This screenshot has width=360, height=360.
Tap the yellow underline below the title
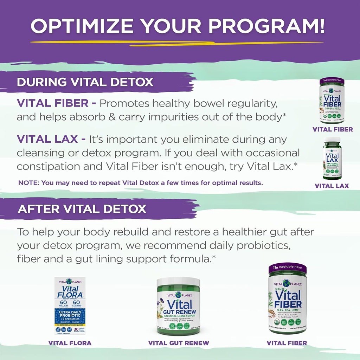(176, 43)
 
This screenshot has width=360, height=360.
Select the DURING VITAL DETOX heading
(85, 82)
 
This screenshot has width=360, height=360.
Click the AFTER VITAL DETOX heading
(82, 209)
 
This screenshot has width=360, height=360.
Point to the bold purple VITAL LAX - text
(51, 140)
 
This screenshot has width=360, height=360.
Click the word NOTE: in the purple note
(29, 183)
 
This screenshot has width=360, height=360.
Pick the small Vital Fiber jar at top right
(332, 101)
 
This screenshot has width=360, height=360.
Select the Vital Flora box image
(70, 306)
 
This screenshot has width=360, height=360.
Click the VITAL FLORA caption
(70, 343)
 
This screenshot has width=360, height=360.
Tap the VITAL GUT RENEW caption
(179, 343)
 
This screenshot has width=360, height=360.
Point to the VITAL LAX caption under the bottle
(332, 186)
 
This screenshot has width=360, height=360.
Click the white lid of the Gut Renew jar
(178, 282)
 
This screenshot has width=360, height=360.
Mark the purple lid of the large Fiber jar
(287, 269)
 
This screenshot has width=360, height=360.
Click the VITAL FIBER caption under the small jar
(333, 129)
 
